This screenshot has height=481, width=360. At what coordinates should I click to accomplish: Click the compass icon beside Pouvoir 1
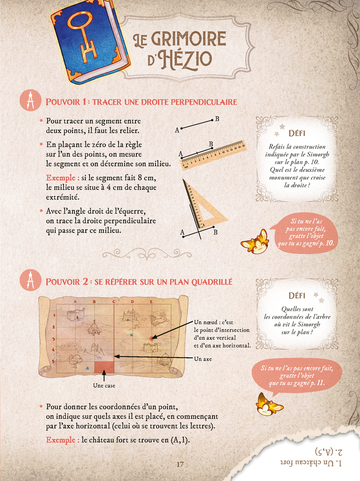pos(30,100)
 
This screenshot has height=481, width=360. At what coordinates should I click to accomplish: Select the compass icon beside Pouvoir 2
pos(30,280)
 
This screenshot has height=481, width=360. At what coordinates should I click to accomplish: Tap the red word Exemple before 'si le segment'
pos(61,178)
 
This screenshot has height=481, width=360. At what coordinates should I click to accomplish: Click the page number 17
pos(180,464)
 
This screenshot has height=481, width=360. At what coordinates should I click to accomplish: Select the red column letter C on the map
pos(114,302)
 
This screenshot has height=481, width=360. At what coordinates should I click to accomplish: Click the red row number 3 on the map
pos(53,339)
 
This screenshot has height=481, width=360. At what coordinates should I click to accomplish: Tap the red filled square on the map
pos(104,367)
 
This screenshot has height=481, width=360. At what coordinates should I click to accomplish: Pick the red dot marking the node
pos(151,338)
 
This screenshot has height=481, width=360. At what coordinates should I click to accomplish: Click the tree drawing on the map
pos(74,361)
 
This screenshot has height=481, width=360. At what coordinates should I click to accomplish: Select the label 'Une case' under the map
pos(104,385)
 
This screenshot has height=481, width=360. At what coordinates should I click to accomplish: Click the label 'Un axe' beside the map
pos(203,359)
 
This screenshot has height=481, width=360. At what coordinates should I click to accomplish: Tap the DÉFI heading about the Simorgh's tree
pos(297,295)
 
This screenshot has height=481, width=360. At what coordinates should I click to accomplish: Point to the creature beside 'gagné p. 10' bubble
pos(255,242)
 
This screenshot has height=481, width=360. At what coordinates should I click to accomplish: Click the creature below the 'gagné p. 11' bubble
pos(269,405)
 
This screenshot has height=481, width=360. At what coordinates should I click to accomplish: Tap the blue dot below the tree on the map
pos(88,368)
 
